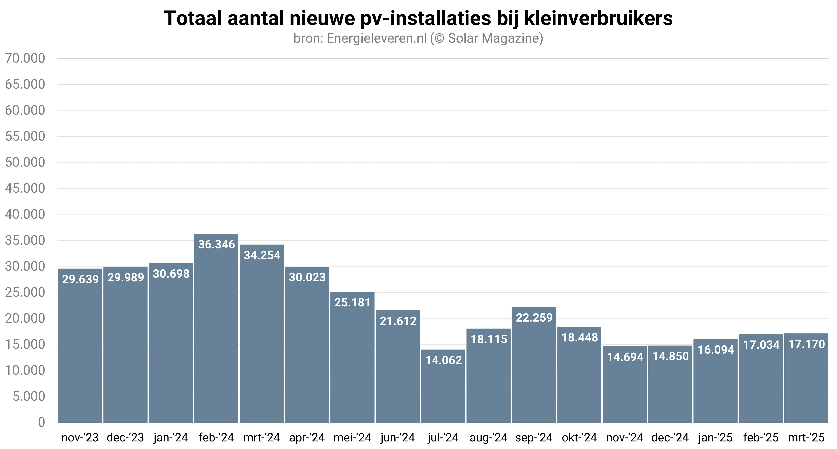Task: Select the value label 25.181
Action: click(353, 303)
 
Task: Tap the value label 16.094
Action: click(716, 350)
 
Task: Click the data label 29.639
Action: click(80, 279)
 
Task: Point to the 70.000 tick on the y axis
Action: click(25, 59)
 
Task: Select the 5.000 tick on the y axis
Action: click(29, 396)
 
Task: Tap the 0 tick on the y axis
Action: click(41, 422)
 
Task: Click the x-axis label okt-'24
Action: click(579, 438)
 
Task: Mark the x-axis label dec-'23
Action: click(125, 438)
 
